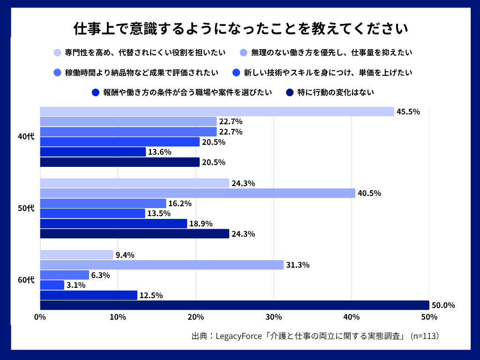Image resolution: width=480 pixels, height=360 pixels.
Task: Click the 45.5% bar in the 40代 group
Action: click(x=217, y=112)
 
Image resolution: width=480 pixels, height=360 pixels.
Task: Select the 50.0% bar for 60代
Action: click(x=234, y=305)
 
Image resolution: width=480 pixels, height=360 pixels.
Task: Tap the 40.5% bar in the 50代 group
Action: click(x=197, y=193)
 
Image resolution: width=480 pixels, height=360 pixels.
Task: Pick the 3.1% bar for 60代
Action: click(x=52, y=285)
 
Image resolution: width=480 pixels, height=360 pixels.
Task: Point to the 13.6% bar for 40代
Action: click(x=93, y=152)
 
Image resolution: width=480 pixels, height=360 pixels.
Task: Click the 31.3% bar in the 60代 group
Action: click(x=162, y=265)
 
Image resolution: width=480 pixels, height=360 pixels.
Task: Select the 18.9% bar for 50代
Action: click(x=113, y=224)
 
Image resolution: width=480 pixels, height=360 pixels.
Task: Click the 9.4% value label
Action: click(x=125, y=255)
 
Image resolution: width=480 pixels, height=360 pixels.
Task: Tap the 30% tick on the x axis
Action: click(x=274, y=317)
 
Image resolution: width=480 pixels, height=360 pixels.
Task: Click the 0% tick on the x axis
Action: click(x=40, y=317)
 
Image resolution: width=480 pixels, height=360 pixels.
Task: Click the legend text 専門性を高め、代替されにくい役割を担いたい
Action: click(x=145, y=52)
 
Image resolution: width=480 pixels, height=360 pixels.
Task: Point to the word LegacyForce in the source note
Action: click(x=240, y=336)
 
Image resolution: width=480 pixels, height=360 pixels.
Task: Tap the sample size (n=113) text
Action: click(x=424, y=336)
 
